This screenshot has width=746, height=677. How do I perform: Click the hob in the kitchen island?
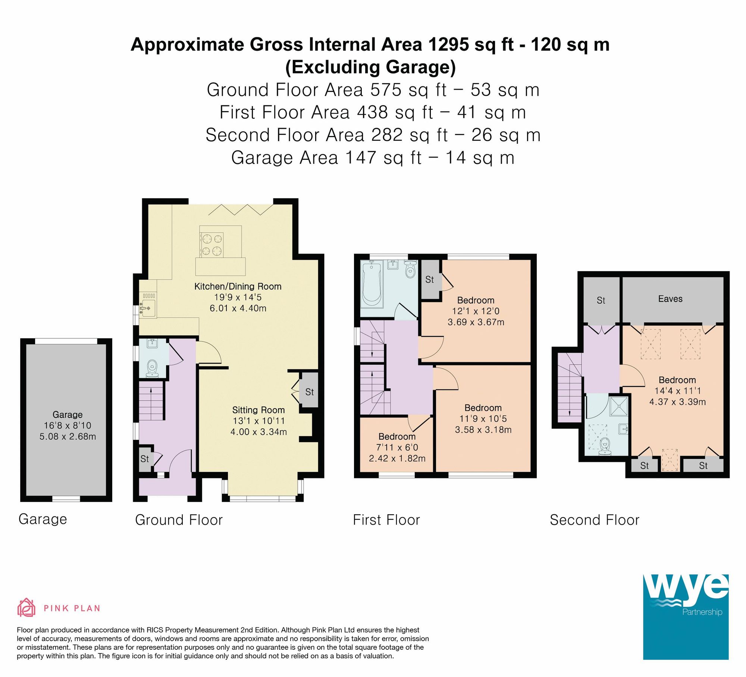(211, 245)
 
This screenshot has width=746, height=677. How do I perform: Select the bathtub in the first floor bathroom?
(372, 284)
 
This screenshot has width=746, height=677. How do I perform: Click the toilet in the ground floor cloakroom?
(152, 367)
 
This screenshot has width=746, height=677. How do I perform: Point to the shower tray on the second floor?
(619, 406)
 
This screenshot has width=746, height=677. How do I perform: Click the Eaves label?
(670, 299)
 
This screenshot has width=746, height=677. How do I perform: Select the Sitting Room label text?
(258, 410)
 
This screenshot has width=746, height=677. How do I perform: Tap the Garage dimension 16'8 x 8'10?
(68, 425)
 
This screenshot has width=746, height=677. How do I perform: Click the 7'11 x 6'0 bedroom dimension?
(397, 447)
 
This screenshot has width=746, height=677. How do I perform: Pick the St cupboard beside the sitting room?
(309, 392)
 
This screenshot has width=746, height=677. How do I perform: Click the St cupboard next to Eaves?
(601, 300)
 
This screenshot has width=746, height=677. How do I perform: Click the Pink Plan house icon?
(26, 608)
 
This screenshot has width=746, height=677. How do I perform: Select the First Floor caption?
(386, 520)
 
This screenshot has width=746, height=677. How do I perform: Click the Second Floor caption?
(595, 520)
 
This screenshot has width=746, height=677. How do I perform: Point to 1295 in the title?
(448, 45)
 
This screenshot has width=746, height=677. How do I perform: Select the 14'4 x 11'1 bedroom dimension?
(677, 391)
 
